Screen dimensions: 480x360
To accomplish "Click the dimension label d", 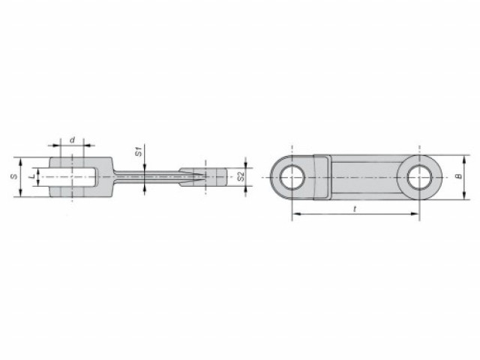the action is pyautogui.click(x=72, y=140).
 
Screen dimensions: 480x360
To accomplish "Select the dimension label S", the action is pyautogui.click(x=13, y=177).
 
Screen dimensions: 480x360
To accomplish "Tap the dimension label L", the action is pyautogui.click(x=33, y=177).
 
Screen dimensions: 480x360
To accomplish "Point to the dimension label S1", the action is pyautogui.click(x=139, y=151).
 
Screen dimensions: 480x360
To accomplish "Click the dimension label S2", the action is pyautogui.click(x=241, y=177).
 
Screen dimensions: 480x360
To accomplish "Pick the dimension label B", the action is pyautogui.click(x=458, y=177).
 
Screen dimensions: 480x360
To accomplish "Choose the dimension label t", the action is pyautogui.click(x=355, y=208).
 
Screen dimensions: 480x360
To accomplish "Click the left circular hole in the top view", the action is pyautogui.click(x=292, y=177).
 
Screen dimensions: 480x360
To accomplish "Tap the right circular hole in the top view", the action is pyautogui.click(x=419, y=177).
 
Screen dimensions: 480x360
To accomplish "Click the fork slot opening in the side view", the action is pyautogui.click(x=68, y=177).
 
